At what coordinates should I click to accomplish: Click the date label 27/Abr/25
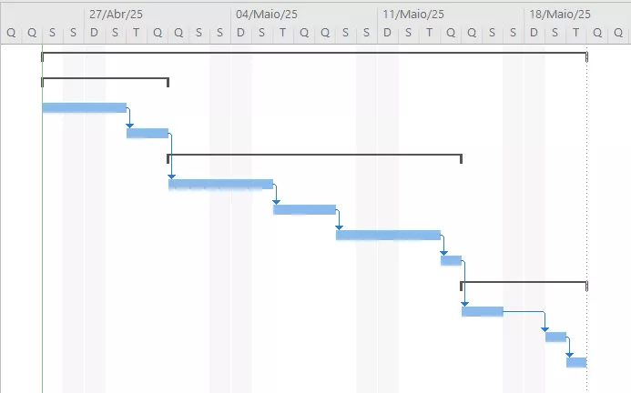coord(116,15)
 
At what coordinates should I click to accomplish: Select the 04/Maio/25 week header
coord(267,15)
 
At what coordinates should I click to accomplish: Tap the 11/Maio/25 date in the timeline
coord(413,15)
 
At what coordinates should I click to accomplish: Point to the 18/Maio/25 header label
coord(560,15)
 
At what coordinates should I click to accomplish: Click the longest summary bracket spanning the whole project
coord(314,53)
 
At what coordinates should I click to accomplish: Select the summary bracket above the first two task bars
coord(105,79)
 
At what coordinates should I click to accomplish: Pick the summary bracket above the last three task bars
coord(524,282)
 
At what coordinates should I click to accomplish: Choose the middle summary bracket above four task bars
coord(315,155)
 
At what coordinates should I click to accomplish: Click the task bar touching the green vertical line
coord(84,108)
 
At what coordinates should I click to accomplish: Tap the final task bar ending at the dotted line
coord(576,362)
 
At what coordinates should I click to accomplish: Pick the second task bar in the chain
coord(148,133)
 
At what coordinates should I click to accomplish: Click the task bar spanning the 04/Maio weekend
coord(220,185)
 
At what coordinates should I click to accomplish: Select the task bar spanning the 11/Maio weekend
coord(388,236)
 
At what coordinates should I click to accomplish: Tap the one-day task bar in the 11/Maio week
coord(451,261)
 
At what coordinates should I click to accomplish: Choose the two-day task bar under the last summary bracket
coord(483,312)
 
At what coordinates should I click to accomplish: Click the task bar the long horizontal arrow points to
coord(555,338)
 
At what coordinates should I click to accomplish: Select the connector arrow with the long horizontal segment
coord(524,312)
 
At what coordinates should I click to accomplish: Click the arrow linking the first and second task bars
coord(129,116)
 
